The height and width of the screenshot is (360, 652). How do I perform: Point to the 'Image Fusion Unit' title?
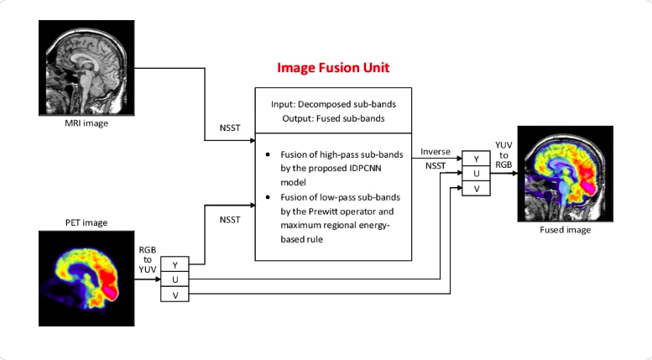pyautogui.click(x=331, y=66)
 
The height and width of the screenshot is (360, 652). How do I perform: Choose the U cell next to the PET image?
pyautogui.click(x=175, y=279)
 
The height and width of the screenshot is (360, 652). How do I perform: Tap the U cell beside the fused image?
pyautogui.click(x=477, y=175)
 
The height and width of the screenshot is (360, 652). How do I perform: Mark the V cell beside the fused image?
pyautogui.click(x=477, y=189)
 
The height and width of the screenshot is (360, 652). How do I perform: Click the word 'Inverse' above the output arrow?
pyautogui.click(x=436, y=152)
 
